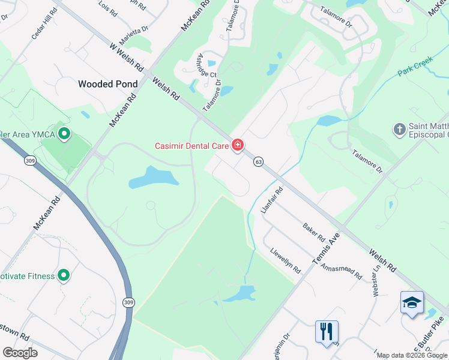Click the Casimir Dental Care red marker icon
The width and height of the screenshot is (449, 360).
[238, 145]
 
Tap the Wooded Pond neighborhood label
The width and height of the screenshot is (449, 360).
[107, 84]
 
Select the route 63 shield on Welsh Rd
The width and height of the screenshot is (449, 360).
[259, 161]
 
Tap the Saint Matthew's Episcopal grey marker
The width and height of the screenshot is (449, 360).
[399, 129]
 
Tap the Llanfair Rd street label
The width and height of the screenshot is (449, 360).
[272, 200]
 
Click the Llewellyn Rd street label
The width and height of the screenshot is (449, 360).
[285, 261]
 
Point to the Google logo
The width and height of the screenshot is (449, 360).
[20, 353]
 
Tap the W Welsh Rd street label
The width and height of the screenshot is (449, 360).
[124, 55]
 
